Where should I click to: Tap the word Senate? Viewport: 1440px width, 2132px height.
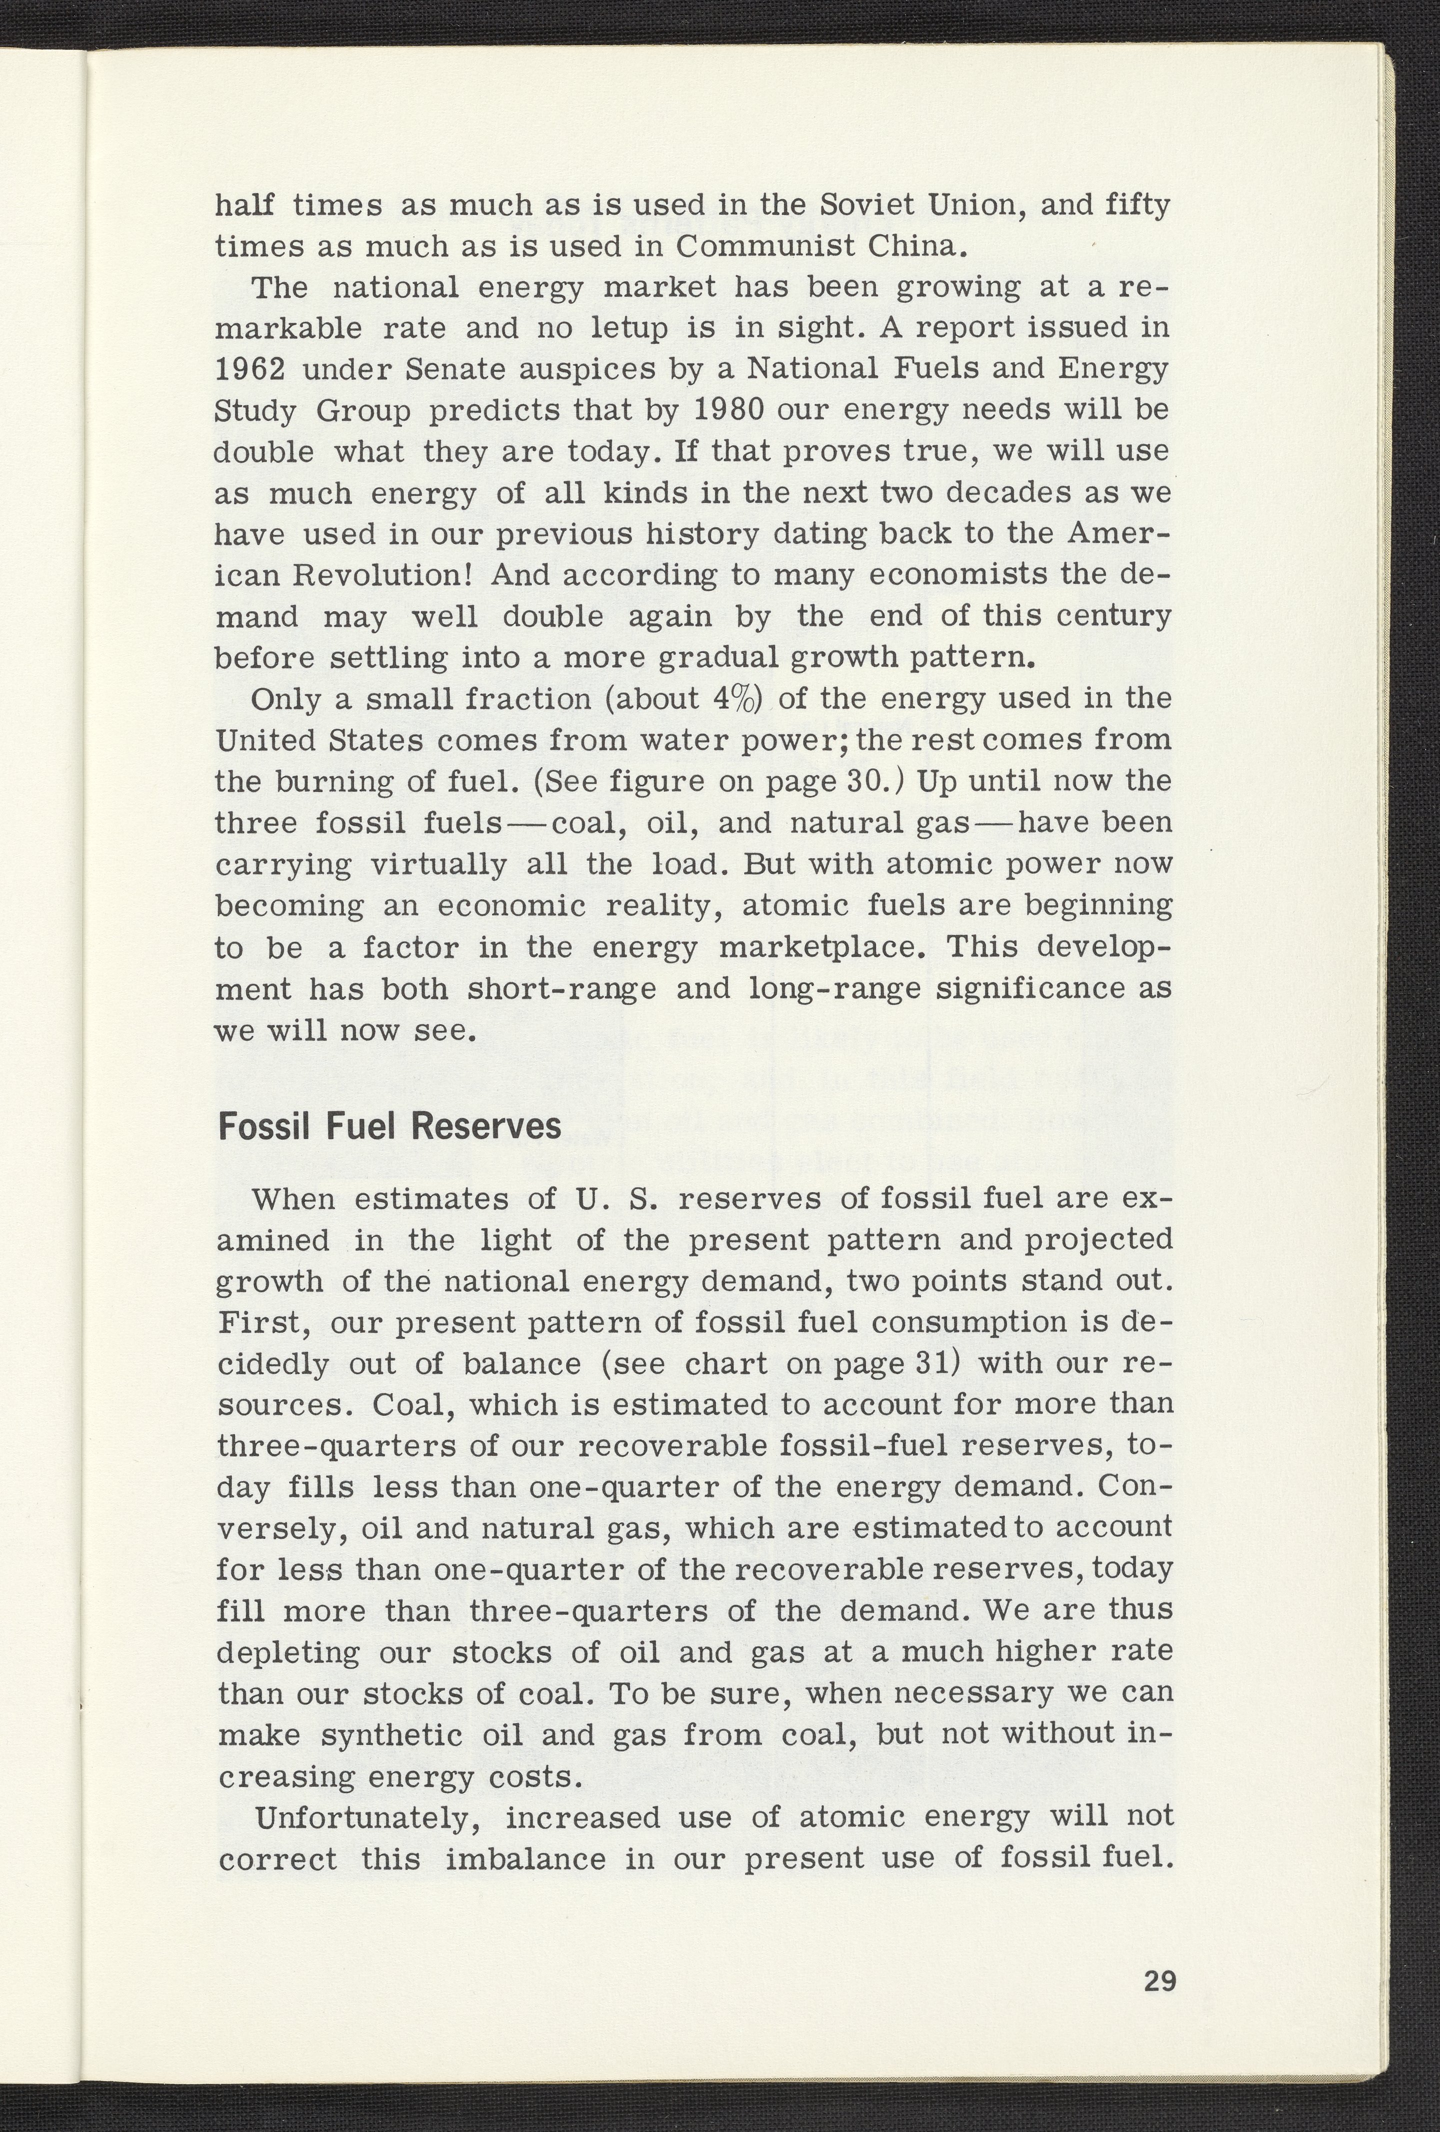pyautogui.click(x=457, y=369)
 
